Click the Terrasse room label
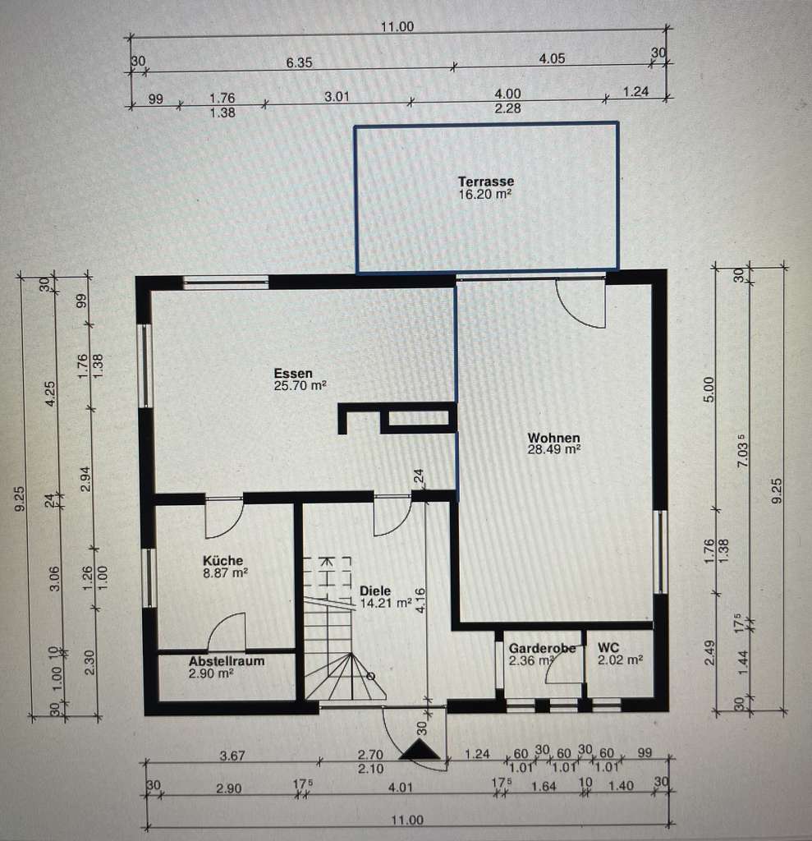click(486, 182)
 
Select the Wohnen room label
click(554, 439)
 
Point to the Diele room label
click(375, 591)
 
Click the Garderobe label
click(542, 649)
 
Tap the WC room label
click(608, 647)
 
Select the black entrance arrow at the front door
click(420, 749)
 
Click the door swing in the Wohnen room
click(581, 302)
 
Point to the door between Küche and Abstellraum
click(227, 632)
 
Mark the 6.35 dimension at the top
click(299, 62)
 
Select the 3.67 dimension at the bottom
click(233, 754)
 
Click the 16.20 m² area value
click(486, 195)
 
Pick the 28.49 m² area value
click(554, 450)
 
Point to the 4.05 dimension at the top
click(553, 59)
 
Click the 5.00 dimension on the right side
click(711, 388)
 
